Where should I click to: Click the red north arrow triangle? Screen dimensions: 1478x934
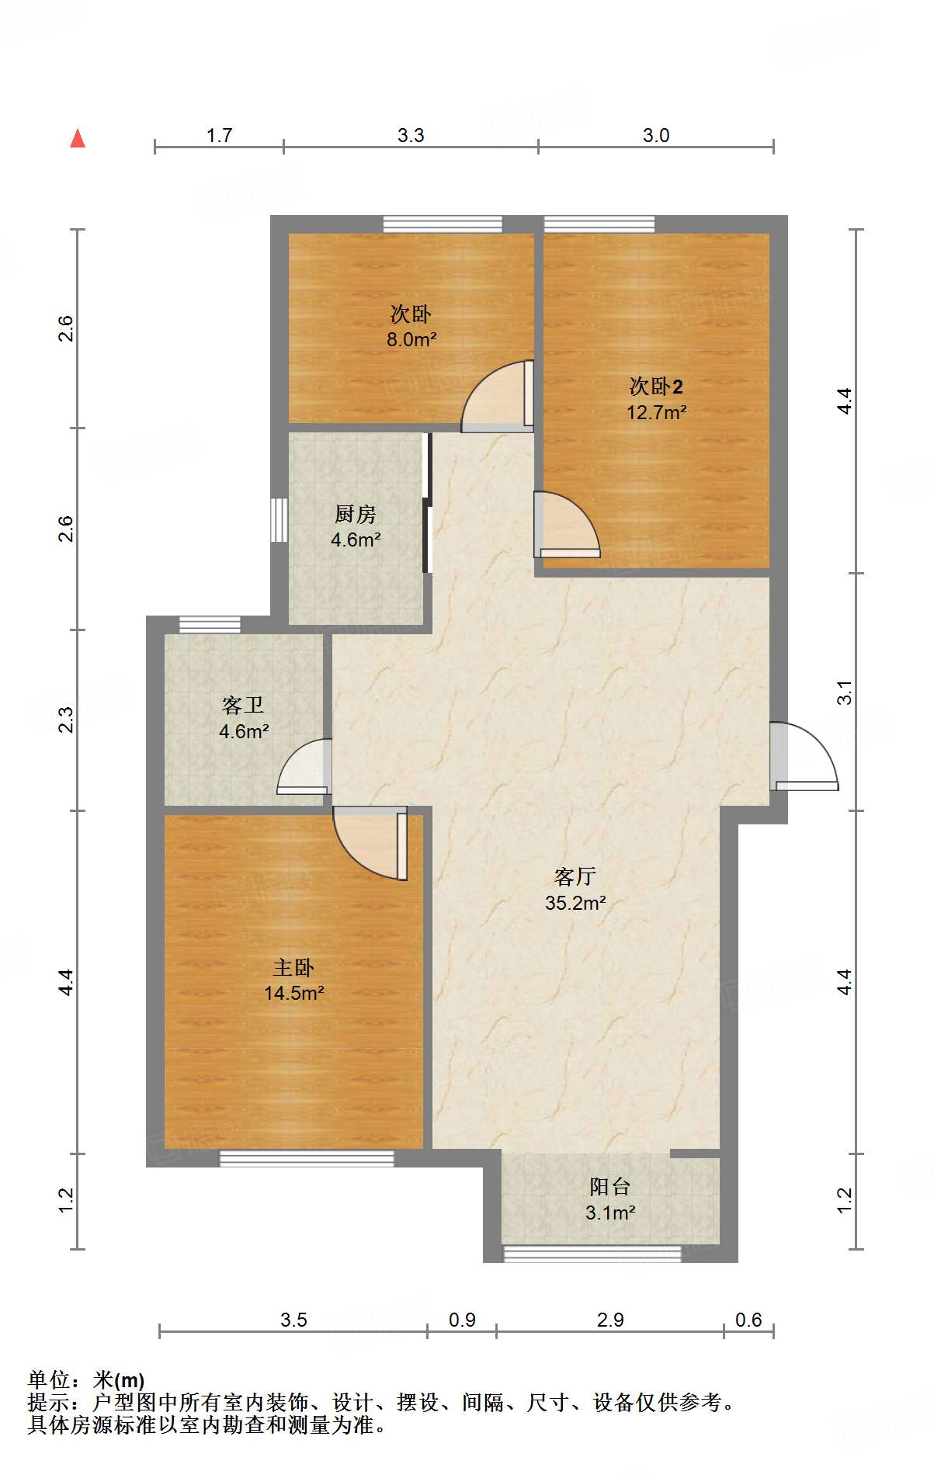(x=78, y=139)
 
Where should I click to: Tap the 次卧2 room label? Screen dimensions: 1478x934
(x=656, y=386)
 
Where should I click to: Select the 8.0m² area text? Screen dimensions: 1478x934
(x=411, y=339)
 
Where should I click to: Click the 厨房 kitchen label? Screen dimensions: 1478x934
(x=356, y=513)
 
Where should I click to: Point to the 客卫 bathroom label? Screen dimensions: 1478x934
(x=243, y=705)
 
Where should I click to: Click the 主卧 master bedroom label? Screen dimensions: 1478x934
(x=293, y=967)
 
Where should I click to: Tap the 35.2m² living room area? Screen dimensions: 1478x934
(x=575, y=903)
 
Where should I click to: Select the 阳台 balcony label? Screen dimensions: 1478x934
(x=609, y=1186)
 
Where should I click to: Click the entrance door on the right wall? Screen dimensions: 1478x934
(x=803, y=758)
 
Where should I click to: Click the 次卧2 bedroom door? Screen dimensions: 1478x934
(x=564, y=526)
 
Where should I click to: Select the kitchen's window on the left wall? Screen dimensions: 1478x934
(x=279, y=519)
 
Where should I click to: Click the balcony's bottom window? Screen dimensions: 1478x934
(x=592, y=1253)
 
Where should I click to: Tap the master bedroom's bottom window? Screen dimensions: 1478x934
(x=307, y=1159)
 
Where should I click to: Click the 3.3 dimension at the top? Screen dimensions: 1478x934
(x=411, y=135)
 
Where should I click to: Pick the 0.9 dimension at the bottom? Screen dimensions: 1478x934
(x=462, y=1320)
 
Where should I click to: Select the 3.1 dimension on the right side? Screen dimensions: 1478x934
(x=845, y=692)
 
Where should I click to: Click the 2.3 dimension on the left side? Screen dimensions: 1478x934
(x=67, y=719)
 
